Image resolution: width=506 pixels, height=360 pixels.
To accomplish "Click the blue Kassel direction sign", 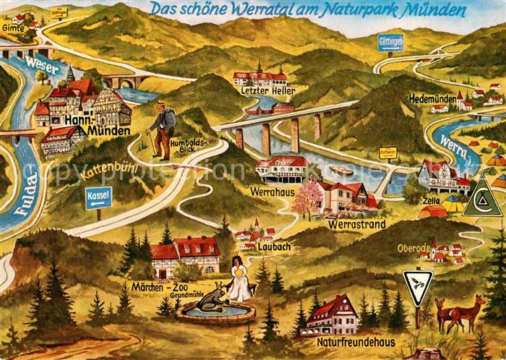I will (x=98, y=195).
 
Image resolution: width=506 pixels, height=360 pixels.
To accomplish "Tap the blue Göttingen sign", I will (x=390, y=43).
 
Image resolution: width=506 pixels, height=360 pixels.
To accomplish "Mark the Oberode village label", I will (x=413, y=247).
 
